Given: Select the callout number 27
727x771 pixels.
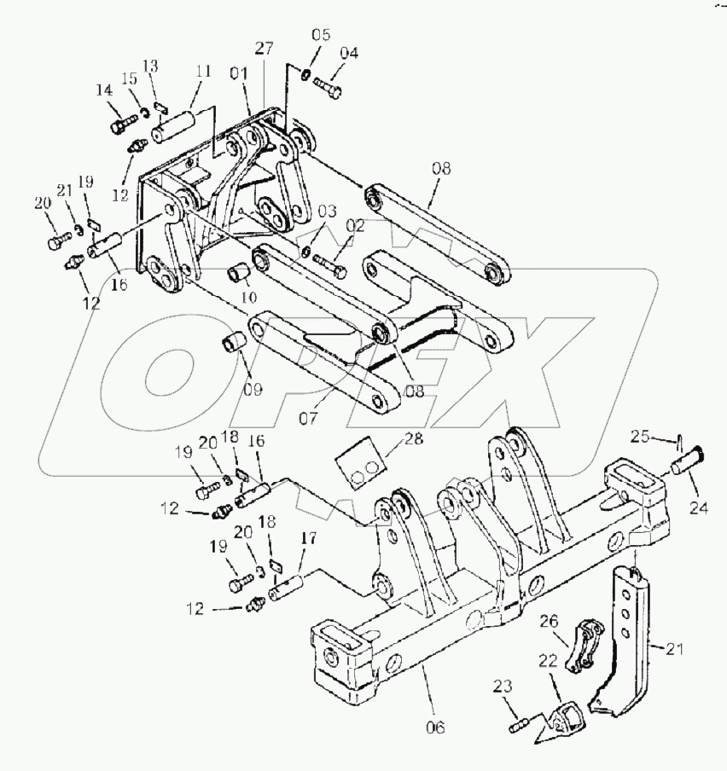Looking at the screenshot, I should click(263, 49).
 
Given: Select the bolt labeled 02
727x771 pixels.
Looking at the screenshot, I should click(329, 262).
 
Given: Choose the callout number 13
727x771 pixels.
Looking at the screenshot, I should click(150, 66).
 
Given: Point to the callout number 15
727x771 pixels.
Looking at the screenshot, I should click(131, 79).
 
